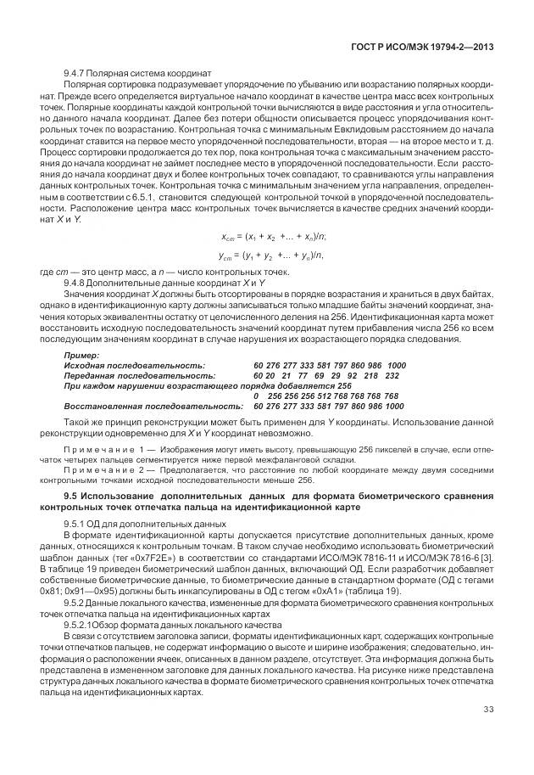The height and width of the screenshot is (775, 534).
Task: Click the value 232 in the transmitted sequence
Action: [392, 374]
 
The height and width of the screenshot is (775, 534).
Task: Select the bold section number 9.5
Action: [73, 496]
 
